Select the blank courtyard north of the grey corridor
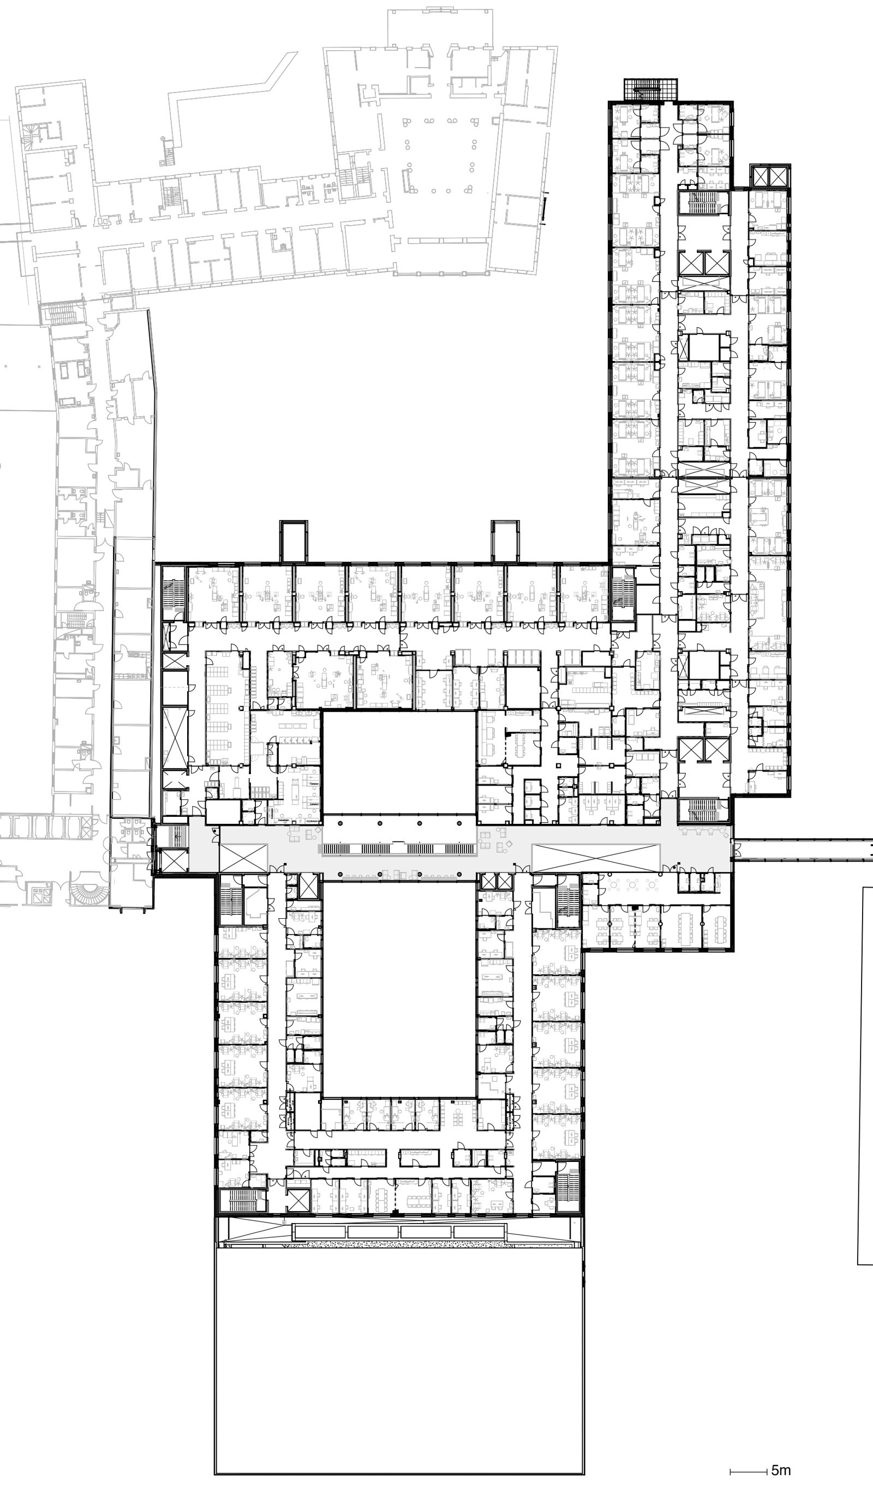click(x=399, y=762)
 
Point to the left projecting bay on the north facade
click(x=294, y=541)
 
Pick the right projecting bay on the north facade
click(x=505, y=541)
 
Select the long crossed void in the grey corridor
click(x=596, y=858)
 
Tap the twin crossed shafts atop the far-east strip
click(x=769, y=176)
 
